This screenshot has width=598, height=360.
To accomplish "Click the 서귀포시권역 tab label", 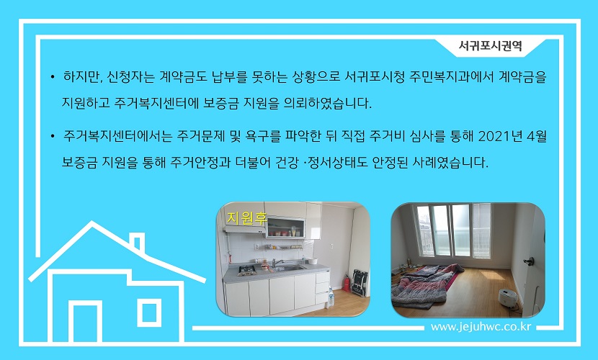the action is pyautogui.click(x=490, y=46).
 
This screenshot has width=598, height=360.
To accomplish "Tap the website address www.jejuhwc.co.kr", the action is pyautogui.click(x=481, y=327).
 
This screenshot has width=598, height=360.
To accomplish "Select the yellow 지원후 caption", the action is pyautogui.click(x=246, y=218).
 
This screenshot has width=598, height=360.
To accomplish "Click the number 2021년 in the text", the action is pyautogui.click(x=500, y=136).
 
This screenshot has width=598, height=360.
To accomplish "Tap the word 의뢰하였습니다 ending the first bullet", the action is pyautogui.click(x=328, y=103).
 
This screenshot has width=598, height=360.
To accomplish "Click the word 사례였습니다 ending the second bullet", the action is pyautogui.click(x=450, y=163).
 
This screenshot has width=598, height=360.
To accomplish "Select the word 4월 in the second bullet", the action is pyautogui.click(x=537, y=136).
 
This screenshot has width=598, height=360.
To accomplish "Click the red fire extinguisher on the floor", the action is pyautogui.click(x=347, y=283).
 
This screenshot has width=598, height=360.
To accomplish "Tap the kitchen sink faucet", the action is pyautogui.click(x=276, y=263).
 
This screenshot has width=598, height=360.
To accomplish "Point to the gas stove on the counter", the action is pyautogui.click(x=247, y=270).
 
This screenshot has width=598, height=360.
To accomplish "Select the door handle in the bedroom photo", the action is pyautogui.click(x=529, y=261).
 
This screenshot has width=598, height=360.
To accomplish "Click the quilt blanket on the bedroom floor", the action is pyautogui.click(x=426, y=284).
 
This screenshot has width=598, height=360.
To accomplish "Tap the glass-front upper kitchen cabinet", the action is pyautogui.click(x=286, y=228).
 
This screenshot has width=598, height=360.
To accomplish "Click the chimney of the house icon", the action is pyautogui.click(x=138, y=241).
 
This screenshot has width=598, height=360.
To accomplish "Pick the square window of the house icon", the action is pyautogui.click(x=148, y=312).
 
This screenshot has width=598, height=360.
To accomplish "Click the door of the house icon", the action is pyautogui.click(x=85, y=321).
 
